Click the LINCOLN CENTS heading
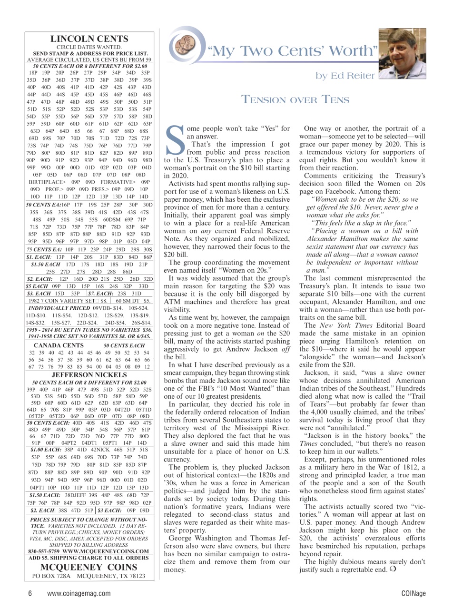(x=89, y=39)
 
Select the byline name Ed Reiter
(x=358, y=75)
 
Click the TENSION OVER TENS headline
(x=295, y=99)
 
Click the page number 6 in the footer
(x=30, y=593)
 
